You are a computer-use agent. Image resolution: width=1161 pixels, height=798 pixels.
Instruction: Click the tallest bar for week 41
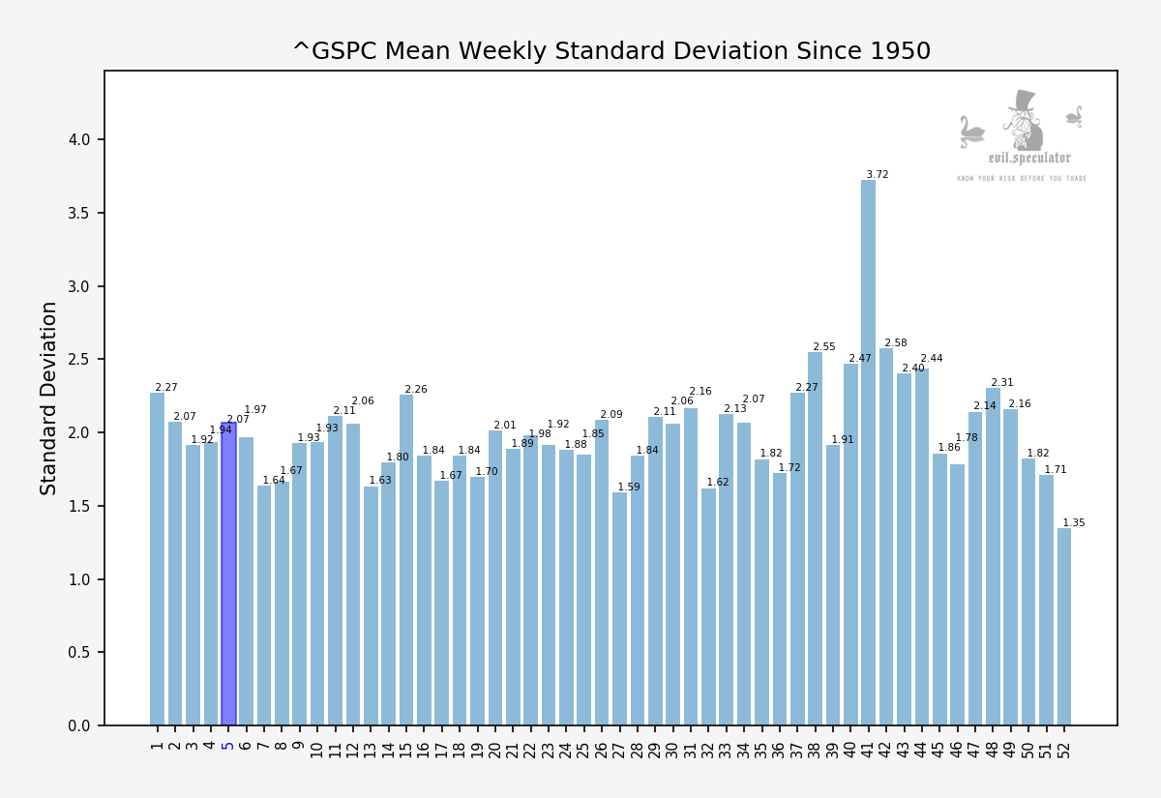pyautogui.click(x=868, y=455)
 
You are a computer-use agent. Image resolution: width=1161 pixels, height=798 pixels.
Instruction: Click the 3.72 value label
pyautogui.click(x=878, y=175)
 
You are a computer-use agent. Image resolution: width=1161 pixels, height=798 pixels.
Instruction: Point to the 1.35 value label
pyautogui.click(x=1074, y=523)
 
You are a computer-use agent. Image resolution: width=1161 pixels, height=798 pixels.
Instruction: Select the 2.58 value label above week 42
pyautogui.click(x=896, y=343)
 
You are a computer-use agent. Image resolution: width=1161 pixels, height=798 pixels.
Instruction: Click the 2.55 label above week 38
pyautogui.click(x=824, y=347)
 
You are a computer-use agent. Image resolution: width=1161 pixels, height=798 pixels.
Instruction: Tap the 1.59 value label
pyautogui.click(x=629, y=488)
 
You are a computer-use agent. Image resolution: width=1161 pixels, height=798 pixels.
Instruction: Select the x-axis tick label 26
pyautogui.click(x=602, y=749)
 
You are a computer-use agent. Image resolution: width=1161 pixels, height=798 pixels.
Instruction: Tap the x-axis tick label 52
pyautogui.click(x=1064, y=749)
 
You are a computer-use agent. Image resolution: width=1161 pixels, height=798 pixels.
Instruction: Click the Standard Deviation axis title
pyautogui.click(x=49, y=398)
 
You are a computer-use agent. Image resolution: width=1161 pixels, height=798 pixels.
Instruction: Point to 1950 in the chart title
pyautogui.click(x=899, y=51)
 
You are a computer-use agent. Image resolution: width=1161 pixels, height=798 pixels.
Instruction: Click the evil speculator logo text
pyautogui.click(x=1029, y=159)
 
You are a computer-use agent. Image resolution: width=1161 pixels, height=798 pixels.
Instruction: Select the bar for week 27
pyautogui.click(x=619, y=609)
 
